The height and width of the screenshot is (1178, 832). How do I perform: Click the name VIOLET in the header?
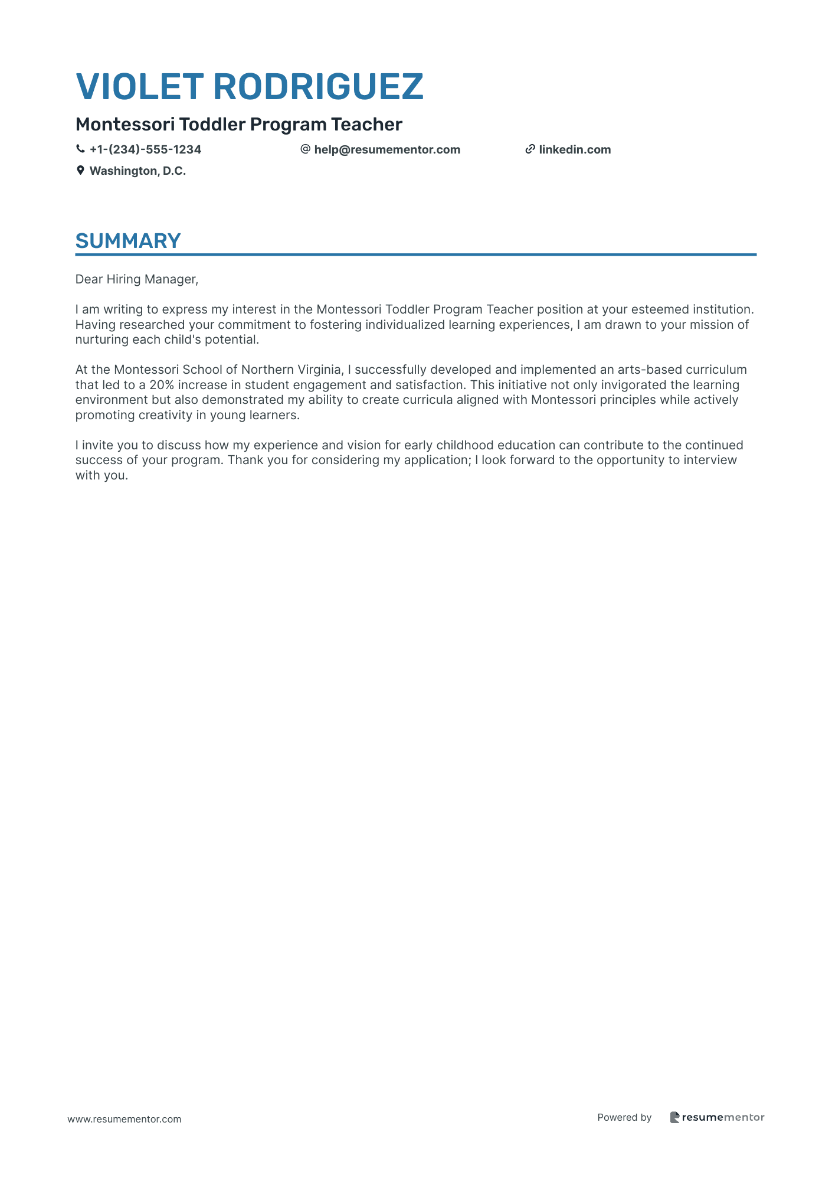[140, 87]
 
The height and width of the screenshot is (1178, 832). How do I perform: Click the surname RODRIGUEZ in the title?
[318, 87]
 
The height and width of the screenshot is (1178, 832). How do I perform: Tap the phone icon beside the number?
[80, 149]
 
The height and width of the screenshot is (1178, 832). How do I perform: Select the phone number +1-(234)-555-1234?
[145, 150]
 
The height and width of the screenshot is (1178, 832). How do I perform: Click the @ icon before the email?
[305, 149]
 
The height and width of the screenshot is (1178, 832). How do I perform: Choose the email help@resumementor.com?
[387, 150]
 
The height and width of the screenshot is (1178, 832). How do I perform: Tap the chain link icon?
[530, 149]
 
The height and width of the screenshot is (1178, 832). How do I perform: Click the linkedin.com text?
[575, 150]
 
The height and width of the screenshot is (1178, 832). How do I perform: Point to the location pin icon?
[80, 171]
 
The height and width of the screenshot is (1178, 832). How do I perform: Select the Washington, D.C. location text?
[137, 171]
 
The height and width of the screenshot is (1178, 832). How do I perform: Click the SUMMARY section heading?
[128, 241]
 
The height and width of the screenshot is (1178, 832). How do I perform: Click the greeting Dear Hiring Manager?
[136, 279]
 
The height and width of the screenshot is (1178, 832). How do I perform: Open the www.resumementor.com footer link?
[125, 1119]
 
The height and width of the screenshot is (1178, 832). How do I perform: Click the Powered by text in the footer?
[624, 1117]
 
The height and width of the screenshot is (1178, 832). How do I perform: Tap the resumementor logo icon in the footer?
[674, 1117]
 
